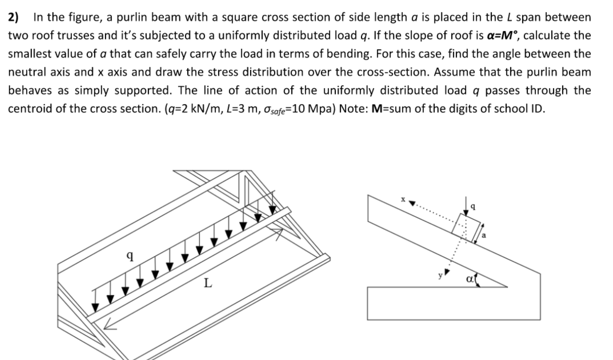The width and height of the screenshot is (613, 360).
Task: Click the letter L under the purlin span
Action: point(208,283)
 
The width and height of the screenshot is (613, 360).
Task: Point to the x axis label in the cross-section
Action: point(402,199)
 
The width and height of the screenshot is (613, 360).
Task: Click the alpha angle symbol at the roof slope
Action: point(470,279)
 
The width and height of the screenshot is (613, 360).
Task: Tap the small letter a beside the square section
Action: point(484,235)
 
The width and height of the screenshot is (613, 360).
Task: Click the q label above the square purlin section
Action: point(473,206)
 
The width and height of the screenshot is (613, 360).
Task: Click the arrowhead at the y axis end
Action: point(447,272)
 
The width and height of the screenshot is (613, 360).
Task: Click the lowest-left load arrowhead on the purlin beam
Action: point(95,307)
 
